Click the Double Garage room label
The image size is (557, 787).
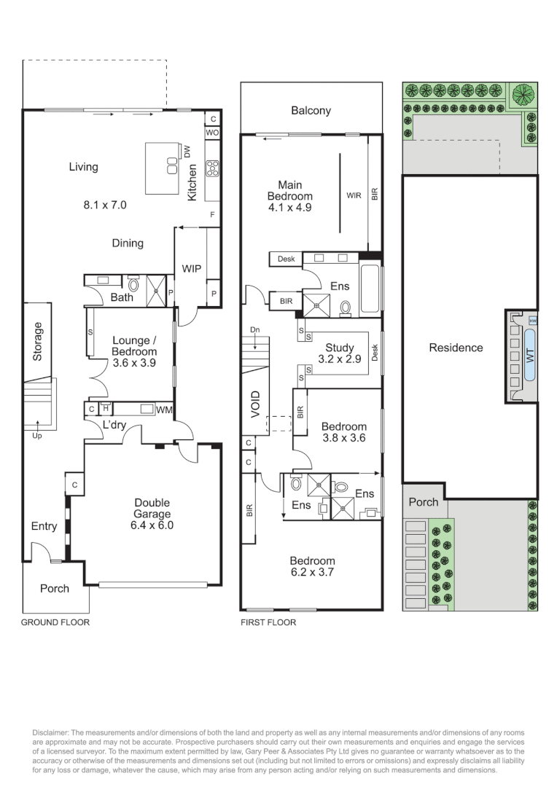(152, 508)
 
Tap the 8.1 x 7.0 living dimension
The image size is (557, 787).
(105, 205)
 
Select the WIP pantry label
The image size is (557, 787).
(191, 268)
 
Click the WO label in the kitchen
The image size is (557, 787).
(212, 133)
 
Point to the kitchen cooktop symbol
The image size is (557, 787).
(212, 168)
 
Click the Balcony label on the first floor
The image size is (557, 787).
(311, 111)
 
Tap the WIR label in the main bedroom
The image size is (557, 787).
(354, 195)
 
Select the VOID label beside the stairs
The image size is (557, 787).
(255, 404)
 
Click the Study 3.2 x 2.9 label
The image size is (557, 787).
(340, 353)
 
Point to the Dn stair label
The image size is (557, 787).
(255, 330)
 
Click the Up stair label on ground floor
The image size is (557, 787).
(37, 436)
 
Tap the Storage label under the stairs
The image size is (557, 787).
(38, 341)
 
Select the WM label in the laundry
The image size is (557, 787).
(164, 410)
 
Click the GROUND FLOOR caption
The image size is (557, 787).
(55, 622)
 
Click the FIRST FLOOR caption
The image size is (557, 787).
(268, 622)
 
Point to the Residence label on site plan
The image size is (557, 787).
(456, 348)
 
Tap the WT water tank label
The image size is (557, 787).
(530, 356)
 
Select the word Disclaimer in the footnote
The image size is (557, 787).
(51, 733)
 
